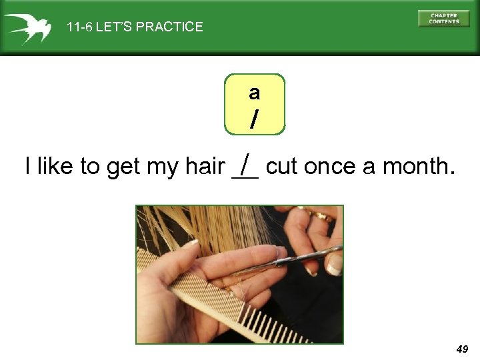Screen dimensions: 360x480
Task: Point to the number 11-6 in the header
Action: click(79, 27)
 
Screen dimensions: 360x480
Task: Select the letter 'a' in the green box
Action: click(254, 93)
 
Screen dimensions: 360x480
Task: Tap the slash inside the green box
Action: click(254, 119)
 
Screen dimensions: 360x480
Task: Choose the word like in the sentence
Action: click(55, 167)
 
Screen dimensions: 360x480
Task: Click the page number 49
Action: click(462, 349)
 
